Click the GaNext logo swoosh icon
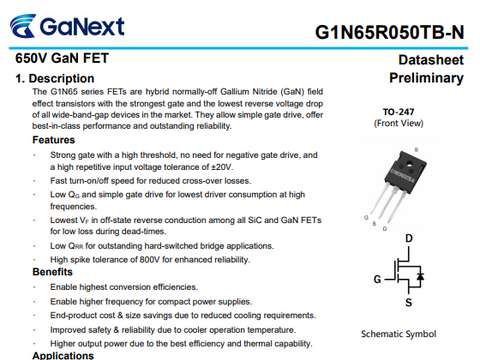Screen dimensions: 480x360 (23, 26)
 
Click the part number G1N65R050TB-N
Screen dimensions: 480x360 (389, 33)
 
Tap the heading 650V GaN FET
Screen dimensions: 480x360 (62, 58)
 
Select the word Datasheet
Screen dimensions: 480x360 (431, 60)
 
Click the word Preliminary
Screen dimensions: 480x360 (426, 78)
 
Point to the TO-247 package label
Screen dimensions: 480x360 (398, 112)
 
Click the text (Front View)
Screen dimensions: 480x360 (398, 123)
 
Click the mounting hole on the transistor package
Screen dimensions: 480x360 (409, 163)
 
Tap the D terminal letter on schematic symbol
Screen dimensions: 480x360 (409, 238)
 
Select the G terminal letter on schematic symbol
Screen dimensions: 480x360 (377, 279)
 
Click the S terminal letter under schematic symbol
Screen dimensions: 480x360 (409, 302)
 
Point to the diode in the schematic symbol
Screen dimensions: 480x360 (420, 276)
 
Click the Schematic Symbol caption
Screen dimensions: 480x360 (398, 334)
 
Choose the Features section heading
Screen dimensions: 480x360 (53, 140)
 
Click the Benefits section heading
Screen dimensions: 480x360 (52, 272)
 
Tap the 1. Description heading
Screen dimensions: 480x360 (55, 79)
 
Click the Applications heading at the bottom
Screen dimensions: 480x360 (63, 355)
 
